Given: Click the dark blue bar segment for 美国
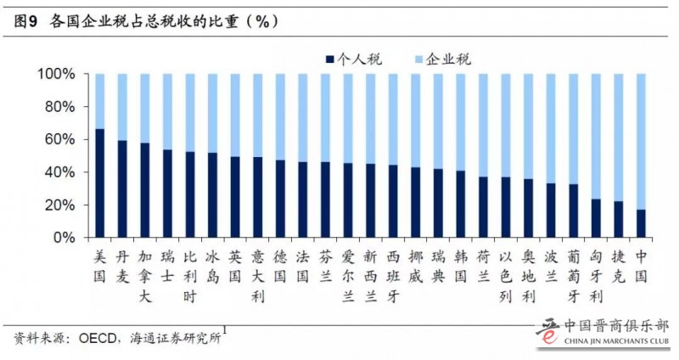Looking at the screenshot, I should [x=100, y=183].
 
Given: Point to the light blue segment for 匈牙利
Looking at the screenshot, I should [x=597, y=136].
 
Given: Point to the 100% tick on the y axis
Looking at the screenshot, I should [x=59, y=75].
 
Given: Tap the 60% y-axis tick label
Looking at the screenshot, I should [x=62, y=139].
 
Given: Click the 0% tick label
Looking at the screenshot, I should [x=67, y=238].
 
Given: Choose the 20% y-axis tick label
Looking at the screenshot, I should [x=62, y=205].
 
